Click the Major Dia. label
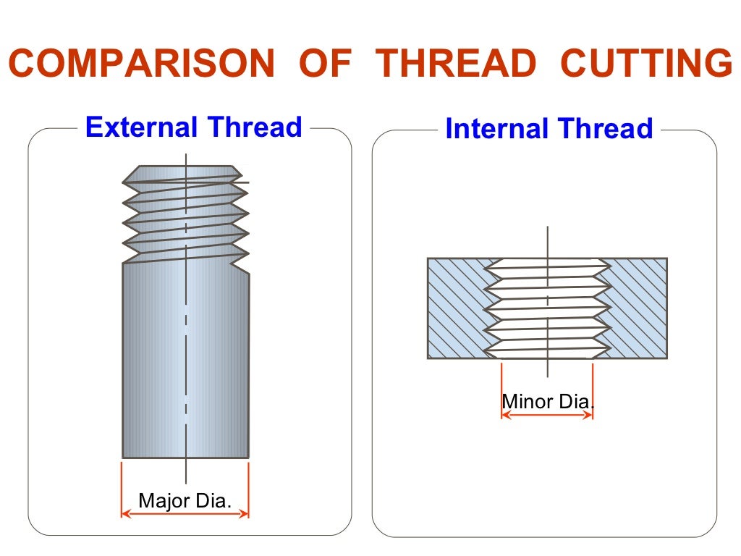tap(185, 500)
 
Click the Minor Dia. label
tap(547, 401)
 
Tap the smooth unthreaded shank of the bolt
tap(186, 362)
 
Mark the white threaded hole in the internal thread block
tap(547, 308)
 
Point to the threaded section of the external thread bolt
tap(186, 217)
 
